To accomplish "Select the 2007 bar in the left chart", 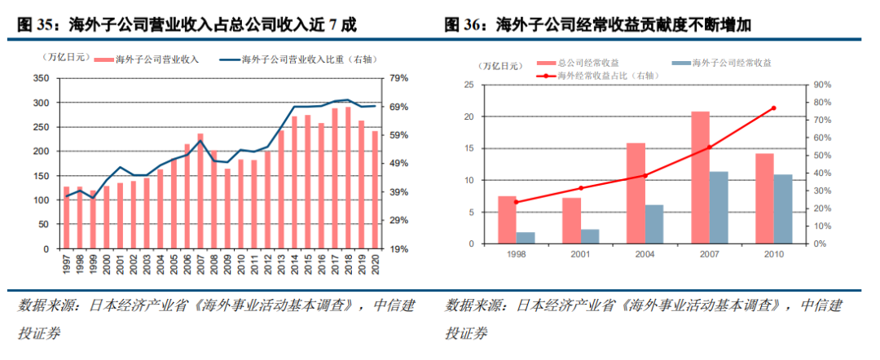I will click(x=200, y=191).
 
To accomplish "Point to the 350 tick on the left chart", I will click(x=41, y=78).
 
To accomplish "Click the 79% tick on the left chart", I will click(x=398, y=78).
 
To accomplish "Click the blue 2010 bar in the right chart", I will click(x=782, y=209).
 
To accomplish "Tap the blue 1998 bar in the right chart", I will click(x=526, y=237).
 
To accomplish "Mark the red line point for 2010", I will click(x=773, y=108).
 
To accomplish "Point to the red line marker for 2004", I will click(x=645, y=175).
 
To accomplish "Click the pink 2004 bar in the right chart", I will click(x=636, y=193).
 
